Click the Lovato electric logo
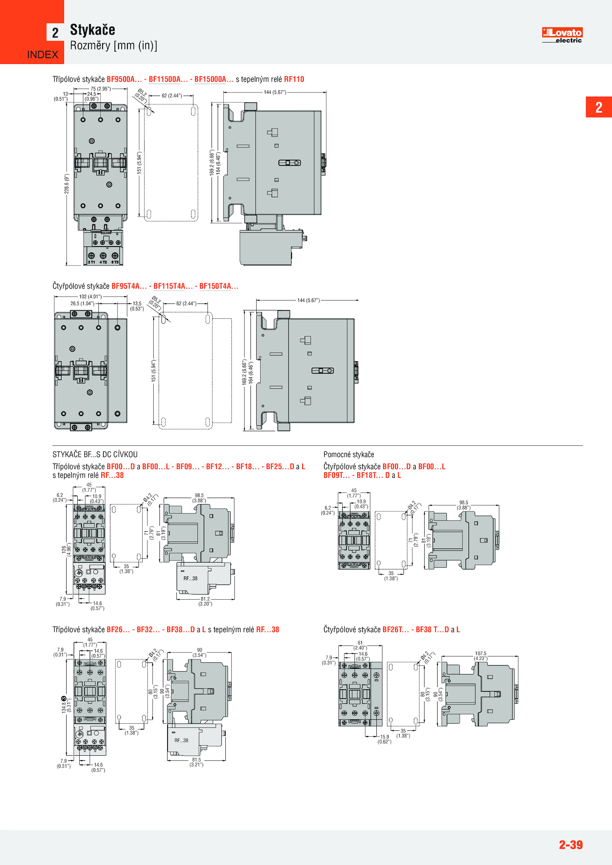pos(562,35)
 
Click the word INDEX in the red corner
pos(43,55)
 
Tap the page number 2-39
pos(571,844)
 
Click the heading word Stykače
pos(93,30)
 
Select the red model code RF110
pos(294,79)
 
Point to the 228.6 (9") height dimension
pos(67,184)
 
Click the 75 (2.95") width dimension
pos(101,89)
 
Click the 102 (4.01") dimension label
pos(90,297)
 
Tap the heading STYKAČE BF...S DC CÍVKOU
pos(95,454)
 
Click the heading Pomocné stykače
pos(349,454)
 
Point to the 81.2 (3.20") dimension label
pos(205,601)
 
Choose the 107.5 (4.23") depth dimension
pos(481,656)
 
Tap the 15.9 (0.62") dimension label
pos(384,739)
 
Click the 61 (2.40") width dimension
pos(360,645)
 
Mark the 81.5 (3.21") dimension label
pos(197,762)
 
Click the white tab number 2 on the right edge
pos(599,107)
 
